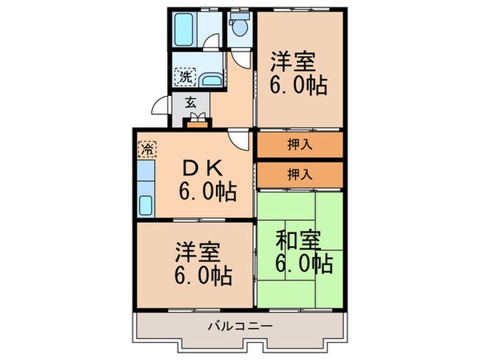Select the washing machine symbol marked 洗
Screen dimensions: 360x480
point(185,77)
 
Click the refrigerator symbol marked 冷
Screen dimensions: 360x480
point(146,147)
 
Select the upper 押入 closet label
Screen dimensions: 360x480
point(299,145)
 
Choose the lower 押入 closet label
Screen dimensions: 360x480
point(299,173)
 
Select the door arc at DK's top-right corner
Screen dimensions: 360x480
point(240,142)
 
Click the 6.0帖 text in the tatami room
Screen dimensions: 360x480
point(304,263)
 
